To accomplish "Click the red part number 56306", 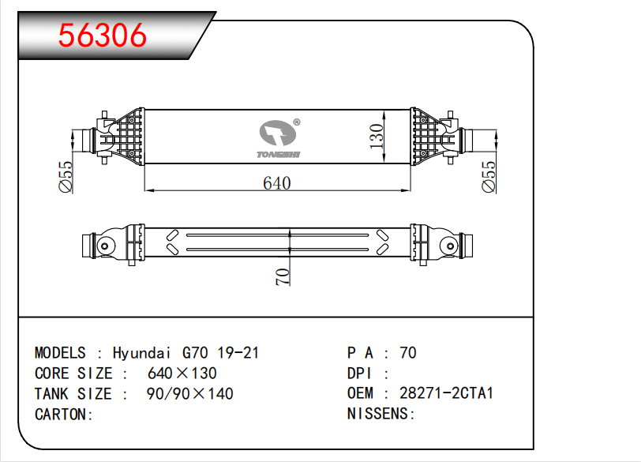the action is point(102,36).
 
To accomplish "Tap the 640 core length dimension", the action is point(277,183).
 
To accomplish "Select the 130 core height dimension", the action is point(376,137).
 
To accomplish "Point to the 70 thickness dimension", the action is point(283,276).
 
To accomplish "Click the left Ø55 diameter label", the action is point(66,177).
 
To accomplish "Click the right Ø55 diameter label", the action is point(489,177).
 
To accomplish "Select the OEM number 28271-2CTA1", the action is point(447,393).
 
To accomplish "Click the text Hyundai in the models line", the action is point(141,353).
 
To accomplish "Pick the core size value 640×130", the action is point(182,374).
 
